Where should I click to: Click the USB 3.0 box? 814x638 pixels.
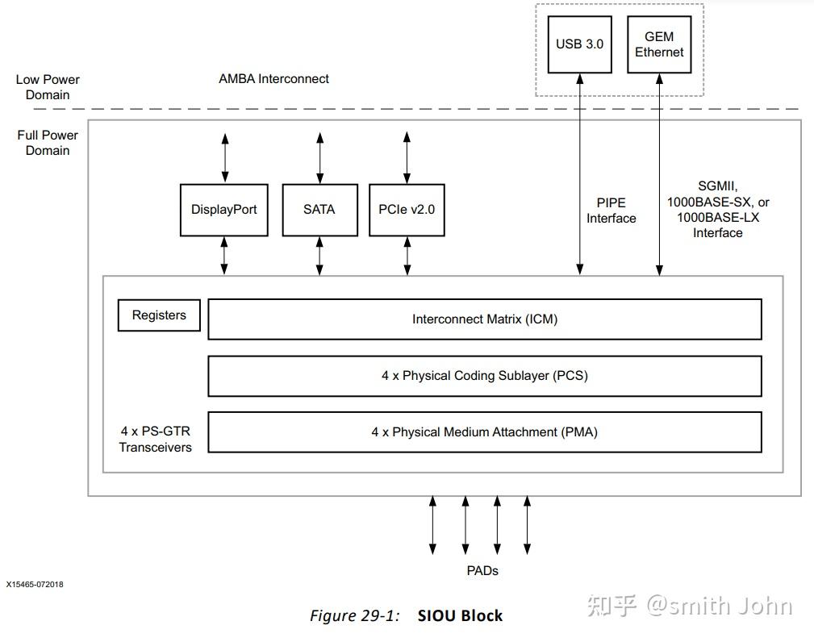[579, 44]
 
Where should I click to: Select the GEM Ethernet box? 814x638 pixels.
[658, 44]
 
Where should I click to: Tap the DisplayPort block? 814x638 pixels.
[223, 210]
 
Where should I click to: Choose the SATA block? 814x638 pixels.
[319, 210]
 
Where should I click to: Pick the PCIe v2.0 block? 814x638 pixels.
[407, 210]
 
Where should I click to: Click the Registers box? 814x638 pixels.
[159, 315]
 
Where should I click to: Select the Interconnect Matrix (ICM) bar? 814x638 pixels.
[484, 319]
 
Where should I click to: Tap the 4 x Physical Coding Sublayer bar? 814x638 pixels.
[484, 376]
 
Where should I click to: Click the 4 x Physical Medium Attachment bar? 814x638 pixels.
[484, 432]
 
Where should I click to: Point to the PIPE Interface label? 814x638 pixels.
[611, 211]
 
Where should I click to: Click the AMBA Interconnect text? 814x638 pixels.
[273, 79]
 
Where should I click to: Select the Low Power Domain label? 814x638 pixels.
[48, 87]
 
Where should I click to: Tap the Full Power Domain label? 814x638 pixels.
[48, 143]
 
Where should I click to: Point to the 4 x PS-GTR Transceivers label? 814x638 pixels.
[156, 439]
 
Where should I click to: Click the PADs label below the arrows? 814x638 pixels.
[482, 570]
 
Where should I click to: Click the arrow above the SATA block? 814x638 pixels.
[320, 159]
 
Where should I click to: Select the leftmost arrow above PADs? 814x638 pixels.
[433, 524]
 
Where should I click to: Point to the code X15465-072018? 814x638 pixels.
[35, 584]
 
